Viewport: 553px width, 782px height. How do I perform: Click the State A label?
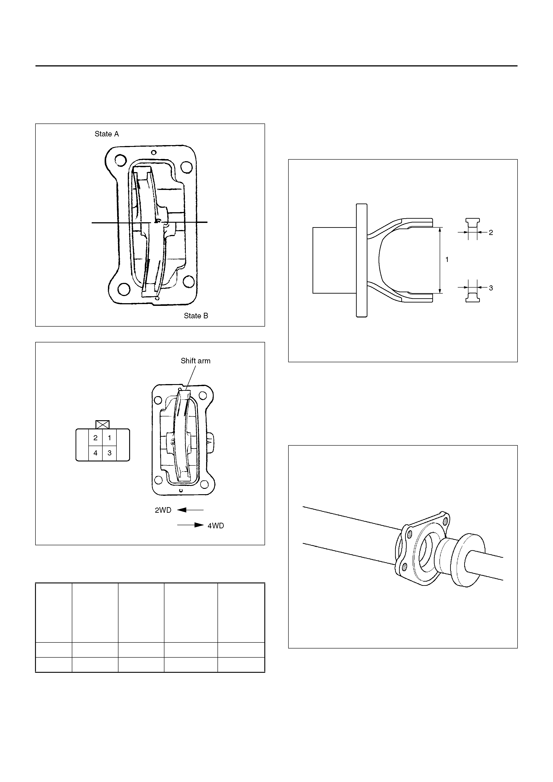[x=107, y=134]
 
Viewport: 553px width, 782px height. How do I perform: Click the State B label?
[x=196, y=316]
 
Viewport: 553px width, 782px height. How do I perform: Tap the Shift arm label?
[x=196, y=361]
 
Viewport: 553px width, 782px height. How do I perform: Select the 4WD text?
[x=216, y=526]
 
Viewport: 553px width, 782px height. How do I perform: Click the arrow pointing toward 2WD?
[x=190, y=510]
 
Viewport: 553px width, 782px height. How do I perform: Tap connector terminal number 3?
[x=109, y=453]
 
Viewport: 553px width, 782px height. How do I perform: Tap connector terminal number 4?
[x=95, y=453]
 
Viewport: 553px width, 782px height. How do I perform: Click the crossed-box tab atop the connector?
[x=103, y=424]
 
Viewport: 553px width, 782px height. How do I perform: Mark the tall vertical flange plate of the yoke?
[x=362, y=261]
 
